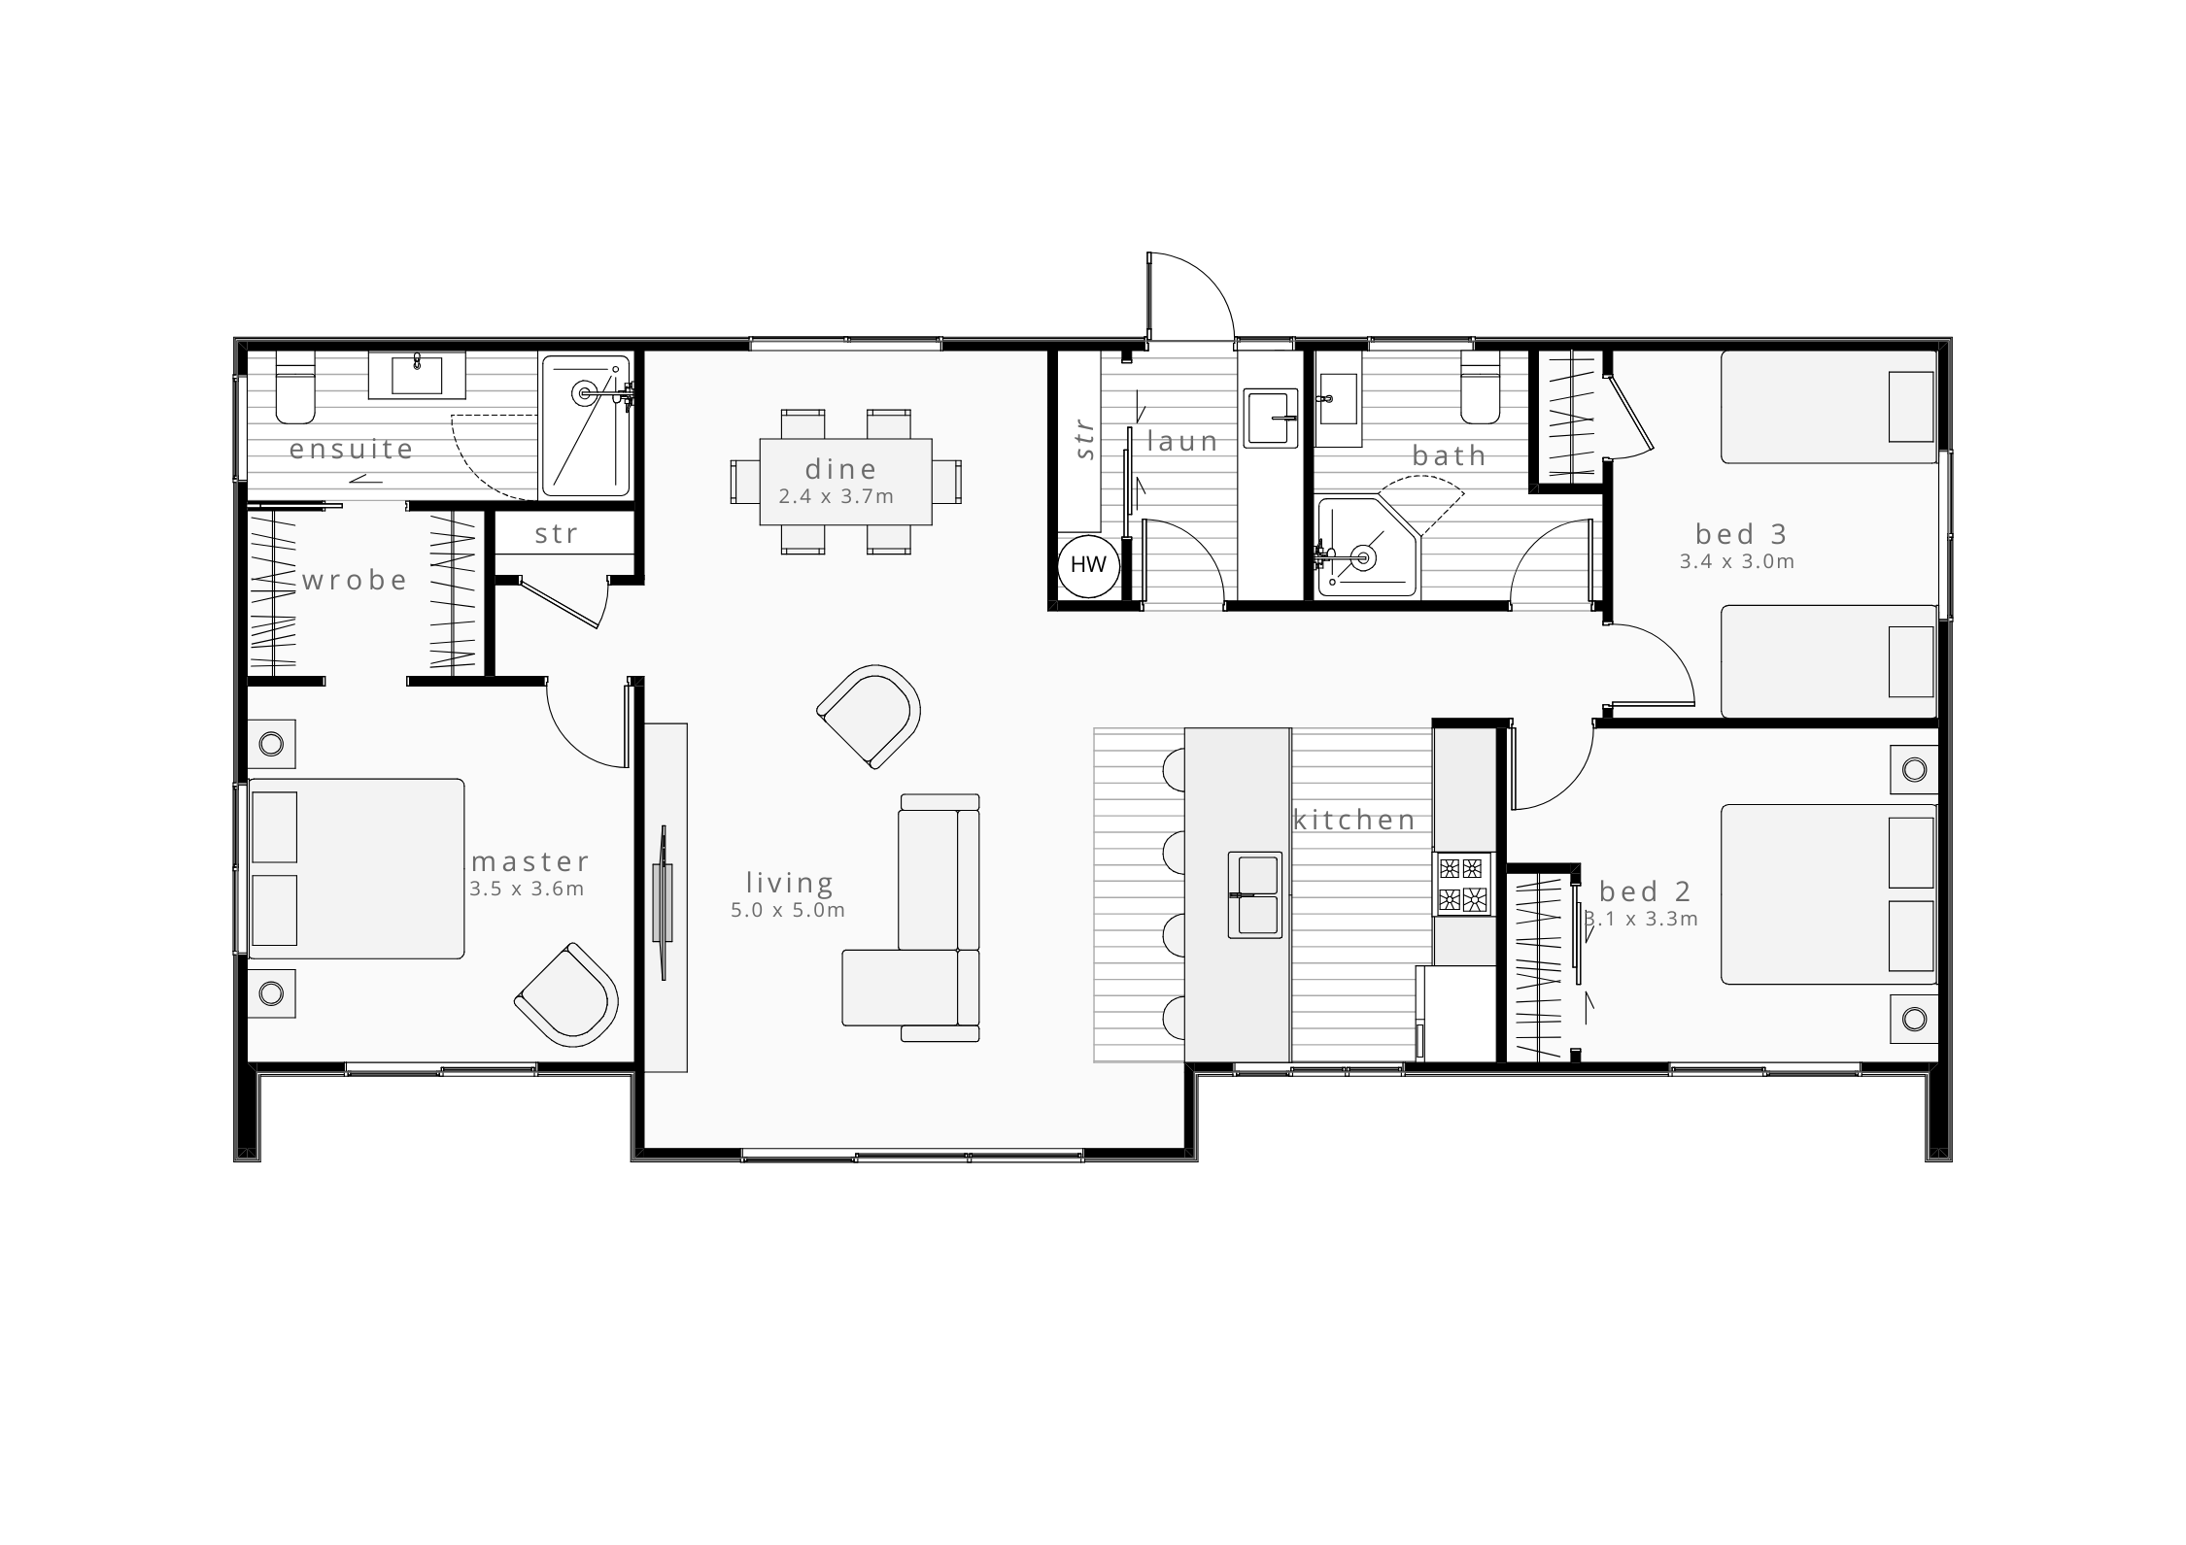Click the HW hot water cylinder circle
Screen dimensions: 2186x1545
point(1088,564)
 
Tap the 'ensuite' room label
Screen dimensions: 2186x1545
point(352,449)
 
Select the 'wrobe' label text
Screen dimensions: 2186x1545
point(355,580)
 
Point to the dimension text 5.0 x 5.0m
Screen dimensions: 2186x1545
point(788,910)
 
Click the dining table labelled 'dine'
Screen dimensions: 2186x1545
point(845,483)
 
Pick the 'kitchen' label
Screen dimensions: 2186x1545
point(1354,820)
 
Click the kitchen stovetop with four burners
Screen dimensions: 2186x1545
point(1464,884)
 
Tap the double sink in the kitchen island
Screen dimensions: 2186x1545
point(1255,894)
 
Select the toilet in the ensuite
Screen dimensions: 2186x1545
point(295,387)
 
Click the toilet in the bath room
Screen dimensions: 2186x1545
point(1481,387)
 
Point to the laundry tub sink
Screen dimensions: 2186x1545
point(1271,418)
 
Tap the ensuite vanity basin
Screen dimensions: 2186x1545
point(417,375)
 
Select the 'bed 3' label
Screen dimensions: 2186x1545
point(1741,533)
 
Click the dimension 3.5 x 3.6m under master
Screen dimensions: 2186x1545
point(527,889)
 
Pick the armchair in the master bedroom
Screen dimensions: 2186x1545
point(567,994)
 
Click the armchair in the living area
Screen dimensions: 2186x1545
point(870,717)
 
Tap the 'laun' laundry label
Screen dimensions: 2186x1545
point(1182,441)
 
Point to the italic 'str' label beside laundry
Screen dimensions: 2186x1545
point(1086,439)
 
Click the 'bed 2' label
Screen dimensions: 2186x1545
point(1646,890)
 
